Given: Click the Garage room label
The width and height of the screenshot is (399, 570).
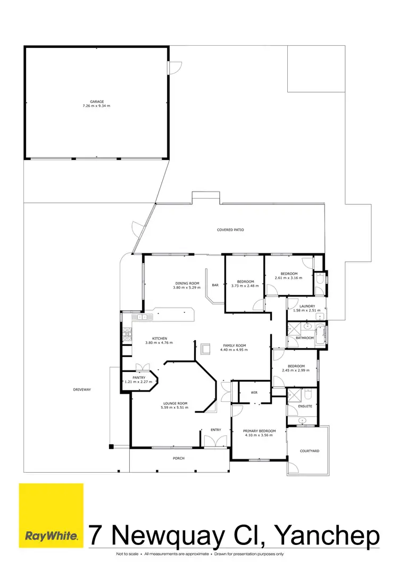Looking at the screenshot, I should (x=96, y=101).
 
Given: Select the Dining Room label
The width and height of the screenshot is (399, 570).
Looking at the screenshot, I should (x=187, y=283).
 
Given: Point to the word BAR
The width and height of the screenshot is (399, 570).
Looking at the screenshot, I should (x=215, y=285).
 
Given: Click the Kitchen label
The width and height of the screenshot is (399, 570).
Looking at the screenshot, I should (x=160, y=338).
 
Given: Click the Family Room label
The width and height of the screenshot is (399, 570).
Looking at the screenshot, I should (x=234, y=346).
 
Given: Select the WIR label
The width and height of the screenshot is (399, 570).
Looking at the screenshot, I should (x=254, y=393).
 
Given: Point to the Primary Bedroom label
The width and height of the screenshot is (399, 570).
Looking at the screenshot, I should (x=260, y=431).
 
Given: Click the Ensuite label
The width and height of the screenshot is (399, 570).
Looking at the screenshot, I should (x=305, y=406).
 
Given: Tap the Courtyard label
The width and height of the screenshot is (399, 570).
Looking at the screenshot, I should (x=309, y=451).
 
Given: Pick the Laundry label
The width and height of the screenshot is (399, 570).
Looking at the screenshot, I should (x=307, y=306).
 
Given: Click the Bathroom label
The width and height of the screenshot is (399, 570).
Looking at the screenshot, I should (x=305, y=338).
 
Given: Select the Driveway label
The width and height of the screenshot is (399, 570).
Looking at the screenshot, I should (x=82, y=390).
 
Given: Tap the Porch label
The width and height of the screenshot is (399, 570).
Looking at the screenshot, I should (x=179, y=458).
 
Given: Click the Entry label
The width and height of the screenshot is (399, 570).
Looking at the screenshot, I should (x=215, y=429).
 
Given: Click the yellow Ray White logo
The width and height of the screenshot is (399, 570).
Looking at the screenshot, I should (x=51, y=515).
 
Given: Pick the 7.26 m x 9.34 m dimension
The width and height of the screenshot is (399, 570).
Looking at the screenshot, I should (x=96, y=106).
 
